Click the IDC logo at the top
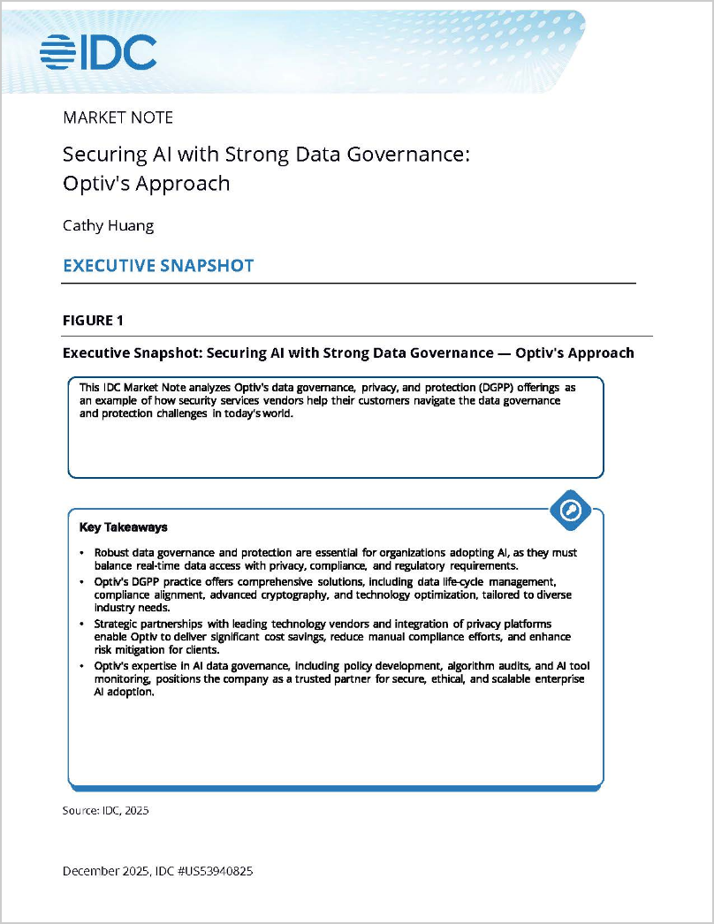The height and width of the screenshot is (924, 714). tap(98, 52)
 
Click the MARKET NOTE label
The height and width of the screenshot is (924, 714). tap(118, 117)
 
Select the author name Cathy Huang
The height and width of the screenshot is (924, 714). tap(108, 225)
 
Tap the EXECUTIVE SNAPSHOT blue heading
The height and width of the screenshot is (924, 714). tap(158, 265)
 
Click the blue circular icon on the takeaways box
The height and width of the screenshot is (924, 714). tap(570, 510)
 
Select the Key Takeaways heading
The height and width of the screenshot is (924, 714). tap(123, 527)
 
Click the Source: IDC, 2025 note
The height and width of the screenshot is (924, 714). tap(105, 810)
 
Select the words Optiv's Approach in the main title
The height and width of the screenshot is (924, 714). tap(146, 184)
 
